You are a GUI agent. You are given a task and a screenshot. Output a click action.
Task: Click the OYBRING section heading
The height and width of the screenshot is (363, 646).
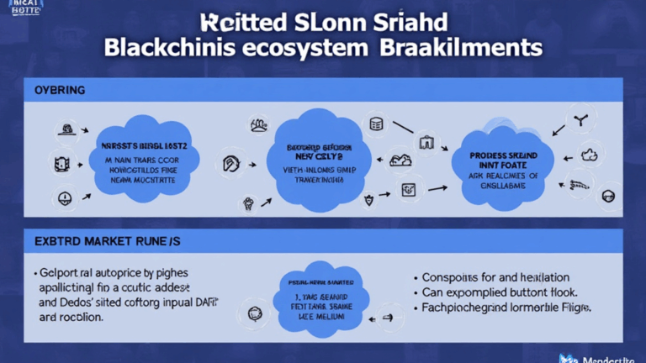coord(61,89)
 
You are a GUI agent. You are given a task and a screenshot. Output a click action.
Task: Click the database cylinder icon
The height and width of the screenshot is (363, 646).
coord(376,124)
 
